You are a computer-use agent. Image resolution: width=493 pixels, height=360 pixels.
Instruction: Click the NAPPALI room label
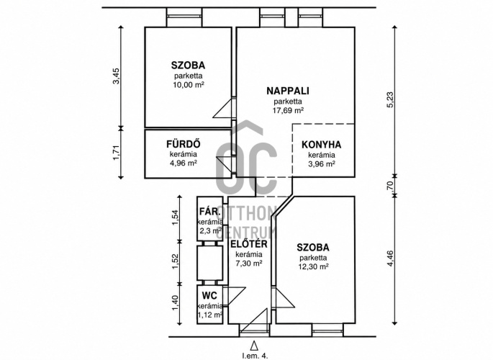(x=288, y=91)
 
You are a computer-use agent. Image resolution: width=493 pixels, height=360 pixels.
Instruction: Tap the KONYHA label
(x=321, y=145)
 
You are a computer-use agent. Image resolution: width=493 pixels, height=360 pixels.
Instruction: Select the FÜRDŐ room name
(x=184, y=144)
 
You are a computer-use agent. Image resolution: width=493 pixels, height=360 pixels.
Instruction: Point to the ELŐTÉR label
(x=249, y=243)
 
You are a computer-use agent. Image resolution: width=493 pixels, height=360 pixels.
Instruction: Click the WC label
(x=209, y=295)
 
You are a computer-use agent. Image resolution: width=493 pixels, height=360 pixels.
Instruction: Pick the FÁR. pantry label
(x=209, y=211)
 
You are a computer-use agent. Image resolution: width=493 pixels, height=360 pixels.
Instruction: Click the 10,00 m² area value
(x=189, y=84)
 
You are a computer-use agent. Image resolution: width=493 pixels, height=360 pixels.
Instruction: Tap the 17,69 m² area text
(x=288, y=110)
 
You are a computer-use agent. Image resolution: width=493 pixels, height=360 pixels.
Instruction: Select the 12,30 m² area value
(x=313, y=266)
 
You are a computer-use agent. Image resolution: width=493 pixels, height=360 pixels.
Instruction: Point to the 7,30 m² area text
(x=249, y=264)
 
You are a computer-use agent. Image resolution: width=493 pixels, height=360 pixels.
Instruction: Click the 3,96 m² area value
(x=321, y=164)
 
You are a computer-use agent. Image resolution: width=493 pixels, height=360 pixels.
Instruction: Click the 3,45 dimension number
(x=117, y=76)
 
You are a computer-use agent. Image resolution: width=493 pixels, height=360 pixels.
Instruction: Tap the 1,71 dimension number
(x=117, y=152)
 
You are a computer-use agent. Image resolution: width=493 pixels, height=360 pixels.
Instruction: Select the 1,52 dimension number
(x=175, y=261)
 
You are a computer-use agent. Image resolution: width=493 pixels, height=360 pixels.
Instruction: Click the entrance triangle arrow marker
(x=254, y=345)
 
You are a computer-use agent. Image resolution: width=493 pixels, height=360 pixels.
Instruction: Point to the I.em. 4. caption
(x=255, y=356)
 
